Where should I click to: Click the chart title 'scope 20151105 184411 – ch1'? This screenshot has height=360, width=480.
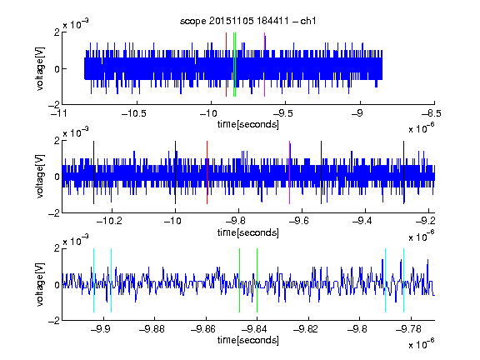[x=247, y=21]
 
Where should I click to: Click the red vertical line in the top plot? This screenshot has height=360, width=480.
[x=226, y=65]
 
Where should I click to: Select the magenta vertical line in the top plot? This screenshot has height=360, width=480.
[x=264, y=65]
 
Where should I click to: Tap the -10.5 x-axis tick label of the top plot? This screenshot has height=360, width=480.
[x=134, y=113]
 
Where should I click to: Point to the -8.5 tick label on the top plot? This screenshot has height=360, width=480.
[x=432, y=113]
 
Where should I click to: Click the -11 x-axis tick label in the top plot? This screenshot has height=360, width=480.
[x=59, y=113]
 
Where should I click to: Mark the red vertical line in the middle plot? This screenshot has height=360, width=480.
[x=207, y=172]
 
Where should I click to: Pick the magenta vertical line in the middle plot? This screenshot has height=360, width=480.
[x=290, y=172]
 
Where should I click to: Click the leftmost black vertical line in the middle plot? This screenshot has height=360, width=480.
[x=93, y=172]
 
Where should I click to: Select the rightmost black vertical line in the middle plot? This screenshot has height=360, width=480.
[x=404, y=172]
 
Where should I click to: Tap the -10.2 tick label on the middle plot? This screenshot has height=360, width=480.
[x=109, y=221]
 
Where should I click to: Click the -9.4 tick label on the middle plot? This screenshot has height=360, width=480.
[x=362, y=221]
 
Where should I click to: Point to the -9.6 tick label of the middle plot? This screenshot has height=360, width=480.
[x=299, y=221]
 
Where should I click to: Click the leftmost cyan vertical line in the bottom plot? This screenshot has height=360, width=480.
[x=93, y=280]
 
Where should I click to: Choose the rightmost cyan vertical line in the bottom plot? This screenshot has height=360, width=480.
[x=404, y=280]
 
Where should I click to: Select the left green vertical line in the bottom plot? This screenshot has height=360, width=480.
[x=239, y=280]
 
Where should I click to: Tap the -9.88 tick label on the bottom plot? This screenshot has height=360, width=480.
[x=152, y=329]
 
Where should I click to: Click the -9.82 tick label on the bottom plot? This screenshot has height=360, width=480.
[x=306, y=329]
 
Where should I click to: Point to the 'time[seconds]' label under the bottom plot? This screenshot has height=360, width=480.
[x=248, y=340]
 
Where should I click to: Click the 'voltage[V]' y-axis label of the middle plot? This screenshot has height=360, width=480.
[x=40, y=177]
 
